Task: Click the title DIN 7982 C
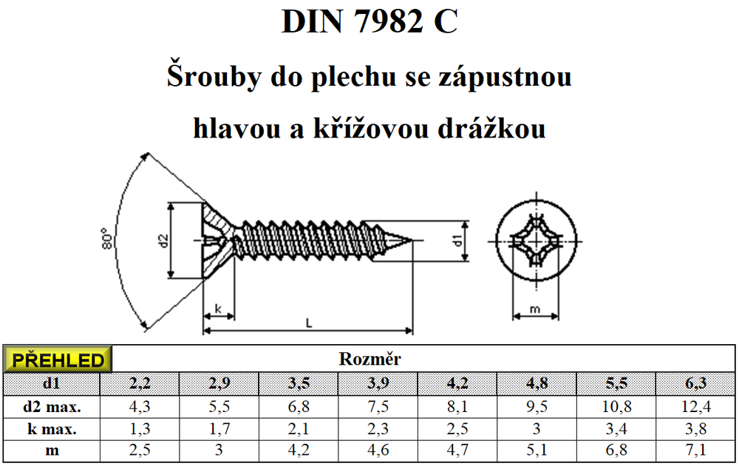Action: [369, 22]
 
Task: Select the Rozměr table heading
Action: [369, 360]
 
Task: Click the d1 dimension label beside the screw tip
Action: [458, 239]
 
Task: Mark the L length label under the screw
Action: [308, 322]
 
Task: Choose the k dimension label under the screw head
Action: [218, 309]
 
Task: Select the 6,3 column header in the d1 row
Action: [695, 383]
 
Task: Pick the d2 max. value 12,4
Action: [695, 405]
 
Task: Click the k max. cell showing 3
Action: [537, 428]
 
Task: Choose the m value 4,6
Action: [378, 450]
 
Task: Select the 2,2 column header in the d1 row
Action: [140, 383]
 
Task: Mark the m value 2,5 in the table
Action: [140, 450]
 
